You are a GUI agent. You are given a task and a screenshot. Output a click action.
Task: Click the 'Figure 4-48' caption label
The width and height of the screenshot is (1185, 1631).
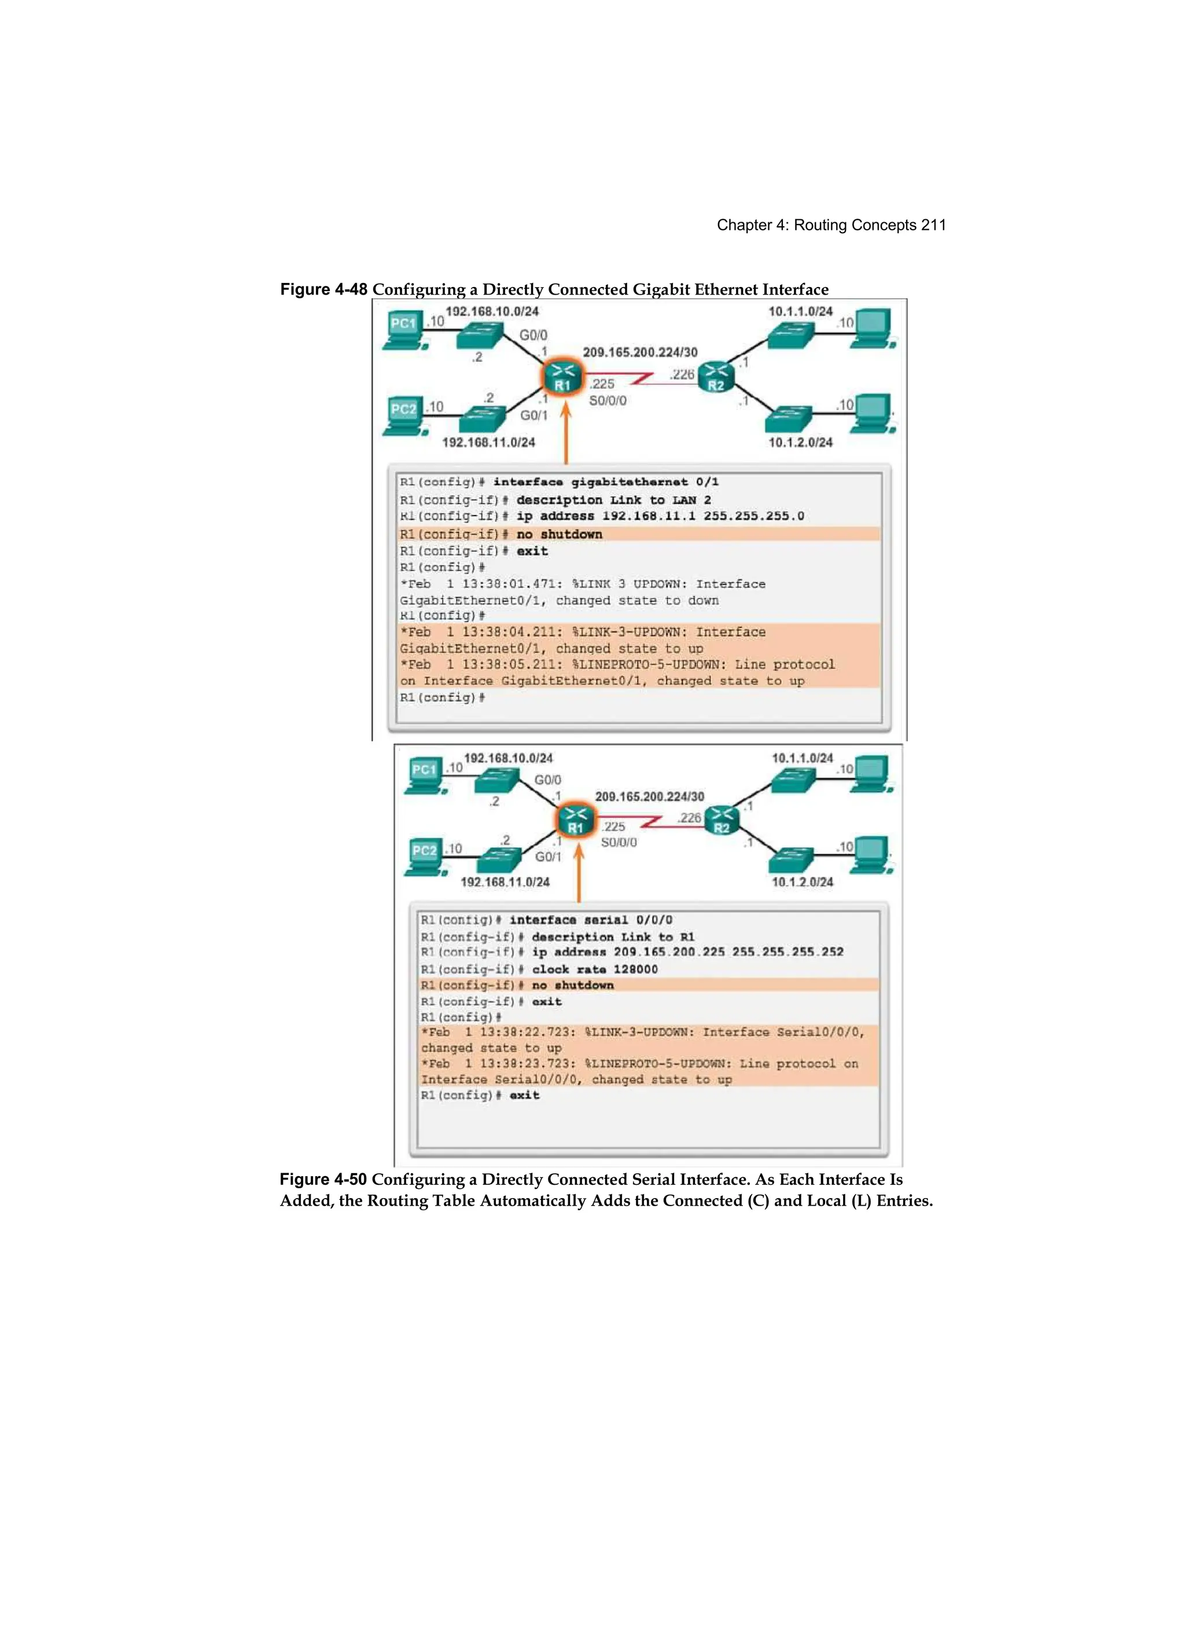click(x=323, y=289)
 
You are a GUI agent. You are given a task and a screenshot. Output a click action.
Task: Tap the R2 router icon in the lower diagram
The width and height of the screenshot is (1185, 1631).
click(x=721, y=820)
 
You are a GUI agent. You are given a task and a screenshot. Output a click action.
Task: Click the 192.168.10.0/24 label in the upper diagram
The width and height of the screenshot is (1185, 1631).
click(x=492, y=311)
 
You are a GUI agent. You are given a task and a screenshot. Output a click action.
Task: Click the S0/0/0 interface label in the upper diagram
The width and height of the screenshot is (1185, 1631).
click(x=608, y=401)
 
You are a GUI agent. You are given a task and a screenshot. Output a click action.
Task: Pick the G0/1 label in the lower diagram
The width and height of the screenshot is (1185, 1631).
click(x=548, y=857)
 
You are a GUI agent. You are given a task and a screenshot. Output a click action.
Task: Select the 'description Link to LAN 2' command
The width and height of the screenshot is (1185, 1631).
click(x=613, y=500)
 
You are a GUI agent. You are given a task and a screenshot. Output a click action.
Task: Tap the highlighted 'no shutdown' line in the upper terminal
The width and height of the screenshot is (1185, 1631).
click(x=560, y=534)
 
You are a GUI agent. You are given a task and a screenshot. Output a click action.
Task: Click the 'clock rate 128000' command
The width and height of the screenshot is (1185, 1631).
click(x=595, y=969)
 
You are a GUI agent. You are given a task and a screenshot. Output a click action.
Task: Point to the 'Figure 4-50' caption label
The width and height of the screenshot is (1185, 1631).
click(x=323, y=1180)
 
